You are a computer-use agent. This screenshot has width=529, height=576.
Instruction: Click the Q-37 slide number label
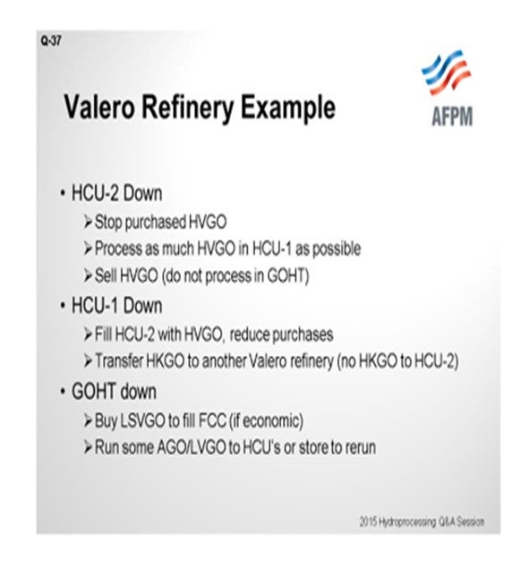coord(51,41)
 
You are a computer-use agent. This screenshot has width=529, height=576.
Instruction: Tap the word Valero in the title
coord(99,107)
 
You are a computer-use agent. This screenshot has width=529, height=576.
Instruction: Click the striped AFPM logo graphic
coord(446,72)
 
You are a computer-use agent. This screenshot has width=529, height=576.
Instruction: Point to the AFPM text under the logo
coord(452,116)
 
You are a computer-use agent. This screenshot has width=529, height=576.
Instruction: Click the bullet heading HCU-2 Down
coord(116,193)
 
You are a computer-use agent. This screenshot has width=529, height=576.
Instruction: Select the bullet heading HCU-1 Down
coord(116,306)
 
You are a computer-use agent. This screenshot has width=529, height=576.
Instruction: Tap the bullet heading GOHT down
coord(114,391)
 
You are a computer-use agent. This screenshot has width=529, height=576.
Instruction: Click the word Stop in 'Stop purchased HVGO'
coord(108,223)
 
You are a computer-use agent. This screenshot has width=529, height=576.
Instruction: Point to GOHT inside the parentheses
coord(286,275)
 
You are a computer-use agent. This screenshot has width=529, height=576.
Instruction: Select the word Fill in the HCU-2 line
coord(103,335)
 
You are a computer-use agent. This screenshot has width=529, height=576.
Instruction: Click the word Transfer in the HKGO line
coord(119,361)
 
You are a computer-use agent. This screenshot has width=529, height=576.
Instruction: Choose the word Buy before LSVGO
coord(106,421)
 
